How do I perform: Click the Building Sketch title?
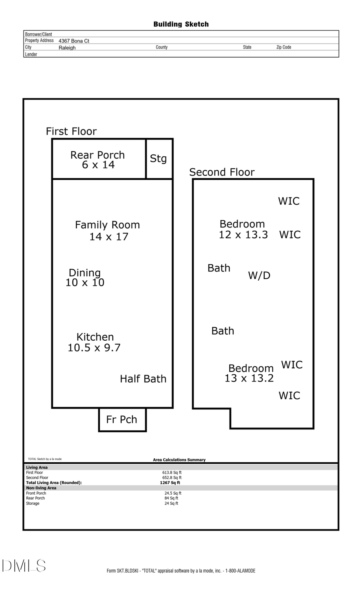(181, 24)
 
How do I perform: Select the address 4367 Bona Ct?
(74, 41)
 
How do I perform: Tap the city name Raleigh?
(67, 48)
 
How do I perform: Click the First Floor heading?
(71, 132)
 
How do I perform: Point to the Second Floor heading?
(222, 172)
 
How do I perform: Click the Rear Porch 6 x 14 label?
(98, 160)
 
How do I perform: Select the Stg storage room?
(158, 159)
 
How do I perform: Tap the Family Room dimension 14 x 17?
(109, 237)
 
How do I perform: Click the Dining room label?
(85, 273)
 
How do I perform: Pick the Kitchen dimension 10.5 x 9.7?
(94, 348)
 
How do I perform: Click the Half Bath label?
(143, 379)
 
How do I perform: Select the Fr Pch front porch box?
(122, 419)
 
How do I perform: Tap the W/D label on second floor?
(259, 276)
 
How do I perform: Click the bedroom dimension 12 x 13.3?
(243, 235)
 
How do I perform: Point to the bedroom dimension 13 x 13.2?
(249, 378)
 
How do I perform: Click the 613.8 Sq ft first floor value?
(172, 473)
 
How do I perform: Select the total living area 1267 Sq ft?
(170, 483)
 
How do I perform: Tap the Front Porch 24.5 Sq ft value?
(173, 493)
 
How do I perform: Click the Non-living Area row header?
(41, 488)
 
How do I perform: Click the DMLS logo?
(24, 566)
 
